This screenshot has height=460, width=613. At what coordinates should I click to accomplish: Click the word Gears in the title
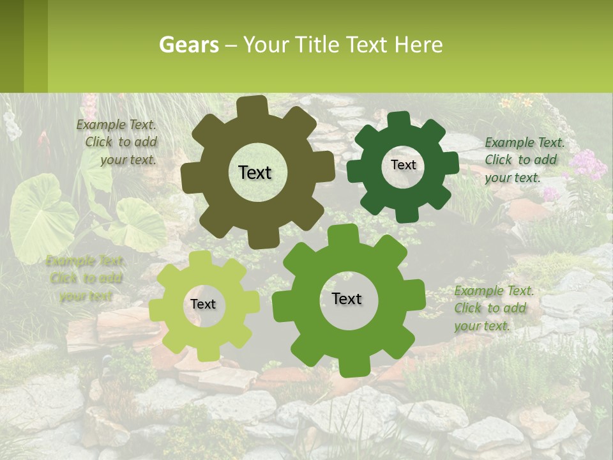pos(188,45)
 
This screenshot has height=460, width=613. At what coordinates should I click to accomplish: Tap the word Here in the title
pos(418,45)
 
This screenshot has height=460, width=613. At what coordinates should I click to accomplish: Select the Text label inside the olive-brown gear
pos(255,172)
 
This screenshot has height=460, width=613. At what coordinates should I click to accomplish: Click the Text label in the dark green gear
pos(403,165)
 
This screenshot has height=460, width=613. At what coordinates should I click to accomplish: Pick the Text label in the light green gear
pos(203,304)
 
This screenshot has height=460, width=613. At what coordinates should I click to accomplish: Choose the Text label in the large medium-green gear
pos(347,298)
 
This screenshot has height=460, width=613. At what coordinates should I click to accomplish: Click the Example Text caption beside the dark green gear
pos(524,160)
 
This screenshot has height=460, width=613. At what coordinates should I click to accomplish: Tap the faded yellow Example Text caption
pos(85,278)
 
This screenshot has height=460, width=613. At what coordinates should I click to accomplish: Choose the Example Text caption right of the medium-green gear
pos(493,308)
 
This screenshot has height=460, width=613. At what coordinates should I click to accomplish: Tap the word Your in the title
pos(267,45)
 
